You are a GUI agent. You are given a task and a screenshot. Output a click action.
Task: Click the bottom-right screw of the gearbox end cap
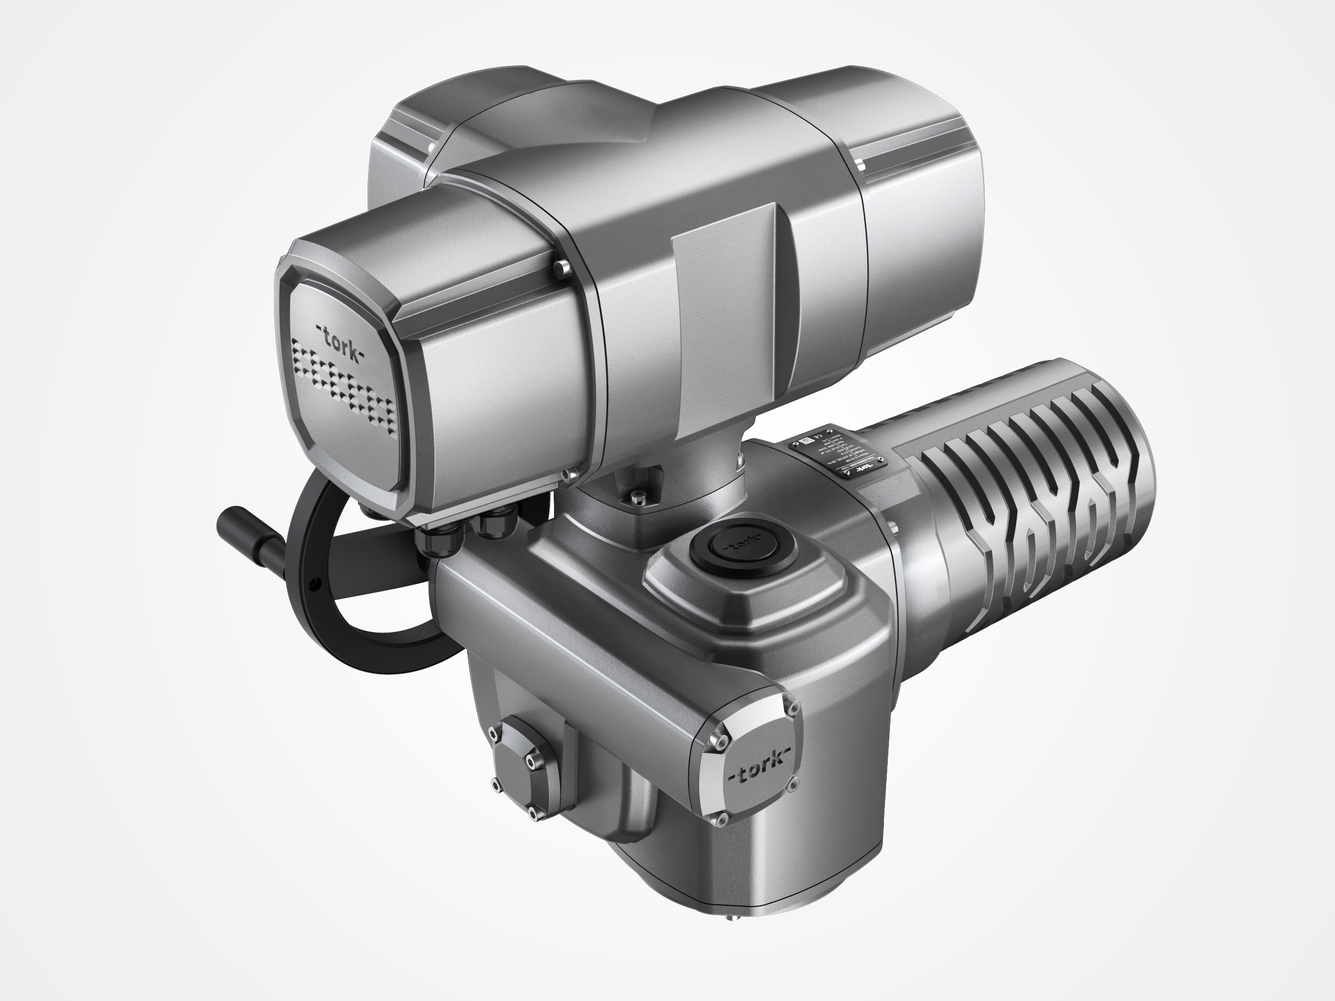click(793, 785)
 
